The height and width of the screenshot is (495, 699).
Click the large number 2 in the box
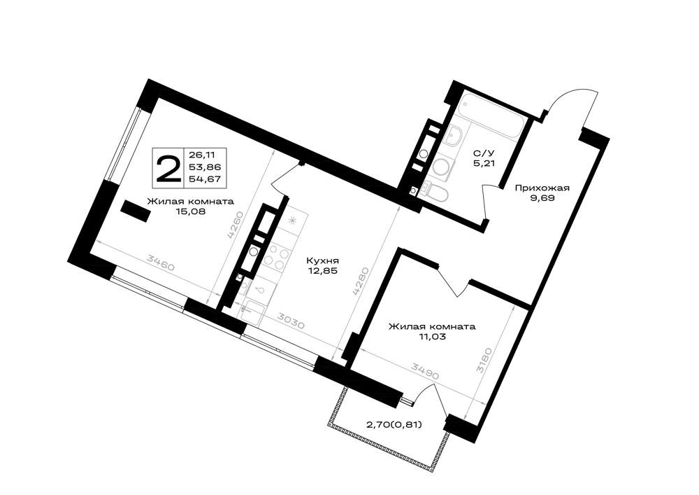tap(168, 167)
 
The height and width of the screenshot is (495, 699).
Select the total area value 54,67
tap(206, 179)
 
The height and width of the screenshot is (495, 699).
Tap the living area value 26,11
tap(202, 155)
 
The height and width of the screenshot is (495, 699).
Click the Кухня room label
tap(323, 260)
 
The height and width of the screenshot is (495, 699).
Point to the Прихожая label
tap(542, 188)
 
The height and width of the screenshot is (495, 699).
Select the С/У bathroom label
tap(484, 153)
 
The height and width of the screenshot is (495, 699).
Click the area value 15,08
tap(191, 211)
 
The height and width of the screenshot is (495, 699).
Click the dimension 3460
tap(161, 263)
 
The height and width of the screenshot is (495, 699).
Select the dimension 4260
tap(236, 225)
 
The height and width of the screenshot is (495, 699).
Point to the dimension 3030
tap(290, 321)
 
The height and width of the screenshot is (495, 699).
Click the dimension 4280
tap(361, 281)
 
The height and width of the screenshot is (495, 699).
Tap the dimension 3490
tap(425, 371)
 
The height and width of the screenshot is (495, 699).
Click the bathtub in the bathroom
tap(491, 116)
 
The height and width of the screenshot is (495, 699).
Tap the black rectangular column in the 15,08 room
tap(135, 210)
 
